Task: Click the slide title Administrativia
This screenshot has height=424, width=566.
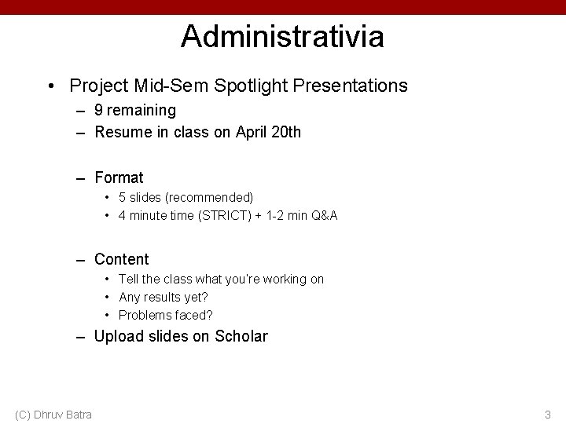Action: [282, 36]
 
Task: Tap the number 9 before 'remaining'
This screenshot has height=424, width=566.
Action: [99, 111]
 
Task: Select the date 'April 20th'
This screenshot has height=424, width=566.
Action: [267, 133]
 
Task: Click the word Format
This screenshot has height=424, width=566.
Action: [119, 177]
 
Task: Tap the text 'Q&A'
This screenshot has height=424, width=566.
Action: [324, 214]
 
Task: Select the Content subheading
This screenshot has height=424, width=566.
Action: [121, 259]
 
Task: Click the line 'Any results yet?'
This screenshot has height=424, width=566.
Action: [164, 297]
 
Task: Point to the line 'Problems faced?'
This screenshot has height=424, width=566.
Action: [166, 315]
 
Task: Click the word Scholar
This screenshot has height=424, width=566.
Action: [239, 337]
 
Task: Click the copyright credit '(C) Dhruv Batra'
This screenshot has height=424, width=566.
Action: [53, 414]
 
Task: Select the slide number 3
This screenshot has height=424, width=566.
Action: [548, 414]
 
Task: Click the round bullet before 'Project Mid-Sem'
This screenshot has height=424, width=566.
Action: [50, 85]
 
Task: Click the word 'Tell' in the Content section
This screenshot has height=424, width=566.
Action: [128, 279]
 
